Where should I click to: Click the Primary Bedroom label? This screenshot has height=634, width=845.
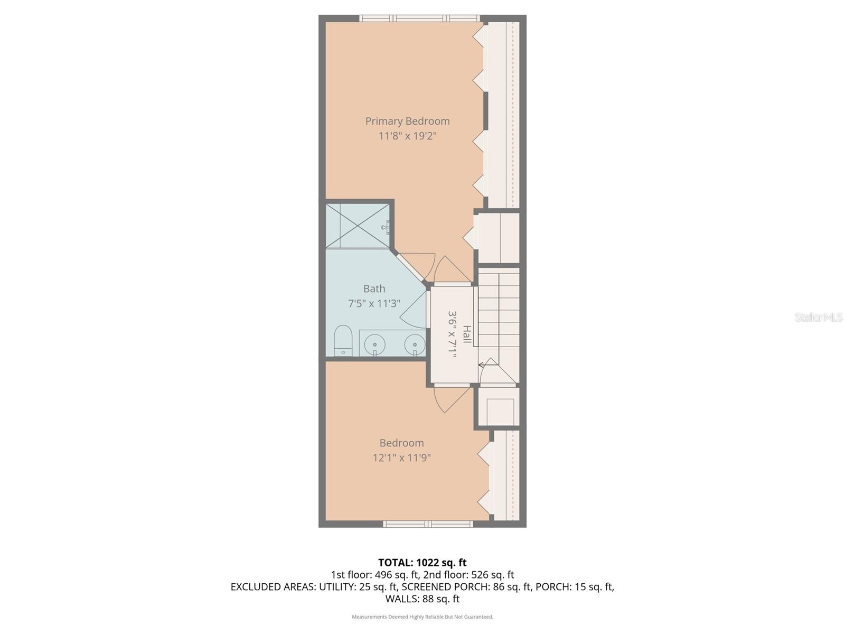[x=407, y=121]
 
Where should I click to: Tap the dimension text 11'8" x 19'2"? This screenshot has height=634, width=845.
[x=407, y=136]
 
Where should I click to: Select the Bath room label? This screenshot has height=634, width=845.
[x=374, y=288]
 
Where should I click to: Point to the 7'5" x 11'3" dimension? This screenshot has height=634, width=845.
[x=374, y=303]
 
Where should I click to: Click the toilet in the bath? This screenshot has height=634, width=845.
[x=343, y=341]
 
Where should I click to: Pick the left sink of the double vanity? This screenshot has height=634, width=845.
[x=374, y=344]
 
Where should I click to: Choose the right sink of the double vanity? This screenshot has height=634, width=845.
[x=415, y=344]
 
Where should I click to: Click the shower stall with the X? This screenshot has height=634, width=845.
[x=358, y=226]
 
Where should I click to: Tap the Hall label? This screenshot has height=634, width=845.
[x=467, y=334]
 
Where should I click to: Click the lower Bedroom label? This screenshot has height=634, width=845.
[x=401, y=443]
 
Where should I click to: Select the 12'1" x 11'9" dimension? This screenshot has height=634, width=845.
[x=401, y=458]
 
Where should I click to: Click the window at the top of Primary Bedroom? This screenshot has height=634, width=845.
[x=420, y=18]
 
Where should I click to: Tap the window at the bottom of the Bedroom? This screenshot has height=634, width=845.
[x=428, y=524]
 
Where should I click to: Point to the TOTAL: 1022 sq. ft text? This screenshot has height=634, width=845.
[x=422, y=563]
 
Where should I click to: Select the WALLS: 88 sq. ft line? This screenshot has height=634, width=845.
[x=422, y=599]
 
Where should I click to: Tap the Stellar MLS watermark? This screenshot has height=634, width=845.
[x=818, y=317]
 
